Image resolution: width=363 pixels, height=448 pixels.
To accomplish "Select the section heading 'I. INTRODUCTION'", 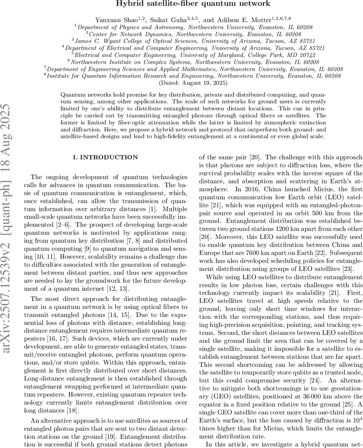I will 105,158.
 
